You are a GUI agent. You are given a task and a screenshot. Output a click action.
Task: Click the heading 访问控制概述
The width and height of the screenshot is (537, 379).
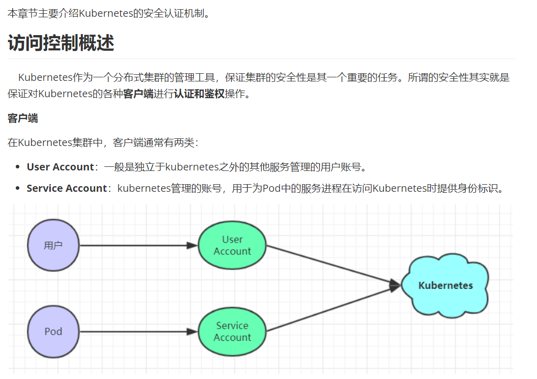(x=61, y=43)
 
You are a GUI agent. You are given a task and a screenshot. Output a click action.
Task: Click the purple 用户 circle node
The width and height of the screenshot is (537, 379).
(x=53, y=245)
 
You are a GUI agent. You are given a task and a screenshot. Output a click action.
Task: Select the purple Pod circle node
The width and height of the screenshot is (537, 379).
(x=53, y=332)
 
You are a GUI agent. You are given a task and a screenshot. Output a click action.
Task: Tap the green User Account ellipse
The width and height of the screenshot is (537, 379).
(x=232, y=245)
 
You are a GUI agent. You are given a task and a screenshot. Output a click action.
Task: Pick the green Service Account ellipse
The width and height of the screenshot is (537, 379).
(x=232, y=332)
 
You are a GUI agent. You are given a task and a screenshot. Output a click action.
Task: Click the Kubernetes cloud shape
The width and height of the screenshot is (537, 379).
(x=445, y=285)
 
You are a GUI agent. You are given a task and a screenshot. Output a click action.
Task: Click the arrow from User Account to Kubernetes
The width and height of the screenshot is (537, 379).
(x=333, y=266)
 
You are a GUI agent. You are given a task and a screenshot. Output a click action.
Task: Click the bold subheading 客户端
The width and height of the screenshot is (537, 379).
(x=23, y=119)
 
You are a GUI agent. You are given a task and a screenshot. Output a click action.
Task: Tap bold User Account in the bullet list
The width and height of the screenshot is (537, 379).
(x=60, y=167)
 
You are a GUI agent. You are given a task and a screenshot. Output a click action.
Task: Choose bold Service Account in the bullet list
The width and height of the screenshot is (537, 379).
(x=67, y=188)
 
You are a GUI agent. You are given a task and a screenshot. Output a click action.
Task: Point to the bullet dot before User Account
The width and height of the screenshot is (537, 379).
(x=17, y=167)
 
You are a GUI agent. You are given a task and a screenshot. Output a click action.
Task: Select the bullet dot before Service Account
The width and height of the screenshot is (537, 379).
(x=17, y=189)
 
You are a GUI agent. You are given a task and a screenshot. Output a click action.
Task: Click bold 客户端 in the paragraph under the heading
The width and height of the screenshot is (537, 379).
(x=138, y=94)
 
